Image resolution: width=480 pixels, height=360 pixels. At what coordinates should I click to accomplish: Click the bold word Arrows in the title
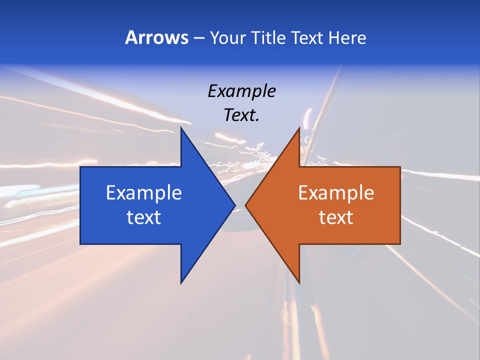156,37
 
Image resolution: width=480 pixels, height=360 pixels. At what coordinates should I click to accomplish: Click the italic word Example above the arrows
241,91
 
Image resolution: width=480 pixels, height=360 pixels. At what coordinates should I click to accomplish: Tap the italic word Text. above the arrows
241,115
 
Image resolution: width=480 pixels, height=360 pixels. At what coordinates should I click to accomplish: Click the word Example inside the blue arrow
144,193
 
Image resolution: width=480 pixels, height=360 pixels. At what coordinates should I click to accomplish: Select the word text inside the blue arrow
144,217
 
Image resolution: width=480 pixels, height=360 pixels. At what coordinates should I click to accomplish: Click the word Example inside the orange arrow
336,193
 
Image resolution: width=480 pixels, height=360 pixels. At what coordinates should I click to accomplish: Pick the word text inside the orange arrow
336,217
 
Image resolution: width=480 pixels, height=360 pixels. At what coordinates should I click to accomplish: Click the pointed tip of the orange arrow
246,205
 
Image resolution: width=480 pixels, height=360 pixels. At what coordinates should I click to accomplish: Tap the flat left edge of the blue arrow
81,205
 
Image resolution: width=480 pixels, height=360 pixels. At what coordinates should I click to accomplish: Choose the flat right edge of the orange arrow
399,205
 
